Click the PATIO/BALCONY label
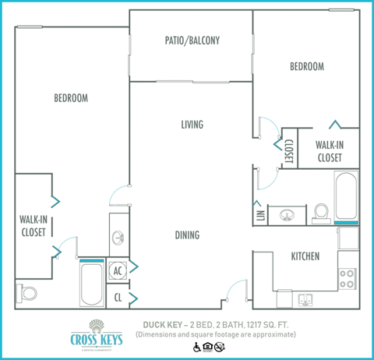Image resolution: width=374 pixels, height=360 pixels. point(192,41)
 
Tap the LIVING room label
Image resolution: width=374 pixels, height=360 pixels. point(192,125)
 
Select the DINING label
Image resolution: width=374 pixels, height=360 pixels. point(187,235)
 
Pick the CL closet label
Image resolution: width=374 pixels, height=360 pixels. point(118,297)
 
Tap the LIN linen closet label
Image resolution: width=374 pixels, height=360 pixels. point(259,213)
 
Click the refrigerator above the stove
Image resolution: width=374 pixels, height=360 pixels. point(348,238)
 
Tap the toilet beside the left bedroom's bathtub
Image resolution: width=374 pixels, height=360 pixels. point(29,294)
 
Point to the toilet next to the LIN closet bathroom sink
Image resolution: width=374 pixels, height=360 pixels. point(321,211)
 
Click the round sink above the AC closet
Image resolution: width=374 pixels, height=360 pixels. point(117,237)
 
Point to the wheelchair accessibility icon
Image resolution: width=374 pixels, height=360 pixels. point(196,347)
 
